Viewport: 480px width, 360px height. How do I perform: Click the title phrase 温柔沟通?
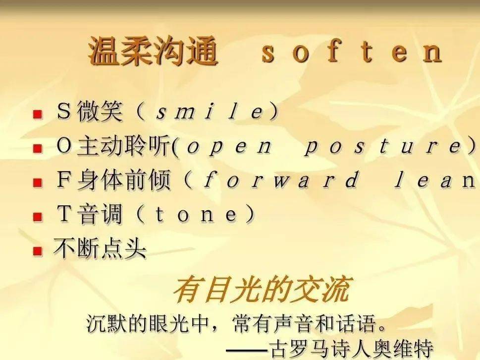tap(153, 51)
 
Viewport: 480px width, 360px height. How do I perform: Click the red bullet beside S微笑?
tap(38, 115)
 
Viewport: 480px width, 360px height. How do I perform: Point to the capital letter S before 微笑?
tap(64, 111)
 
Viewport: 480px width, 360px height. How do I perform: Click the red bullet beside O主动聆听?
tap(38, 149)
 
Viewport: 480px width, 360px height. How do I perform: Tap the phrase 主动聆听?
tap(124, 146)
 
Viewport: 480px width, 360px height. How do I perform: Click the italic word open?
tap(229, 146)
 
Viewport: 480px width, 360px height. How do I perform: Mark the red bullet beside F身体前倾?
tap(38, 183)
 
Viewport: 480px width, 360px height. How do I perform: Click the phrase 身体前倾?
tap(124, 180)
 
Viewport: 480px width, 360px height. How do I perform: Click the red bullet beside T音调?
tap(38, 217)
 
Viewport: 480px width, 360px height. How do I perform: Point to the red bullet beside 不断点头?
tap(38, 251)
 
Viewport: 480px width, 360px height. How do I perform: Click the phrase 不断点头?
tap(100, 248)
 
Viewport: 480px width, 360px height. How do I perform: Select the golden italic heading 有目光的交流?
tap(262, 289)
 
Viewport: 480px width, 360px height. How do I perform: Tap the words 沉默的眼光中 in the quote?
tap(148, 323)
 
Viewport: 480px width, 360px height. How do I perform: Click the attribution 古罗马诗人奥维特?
tap(351, 349)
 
